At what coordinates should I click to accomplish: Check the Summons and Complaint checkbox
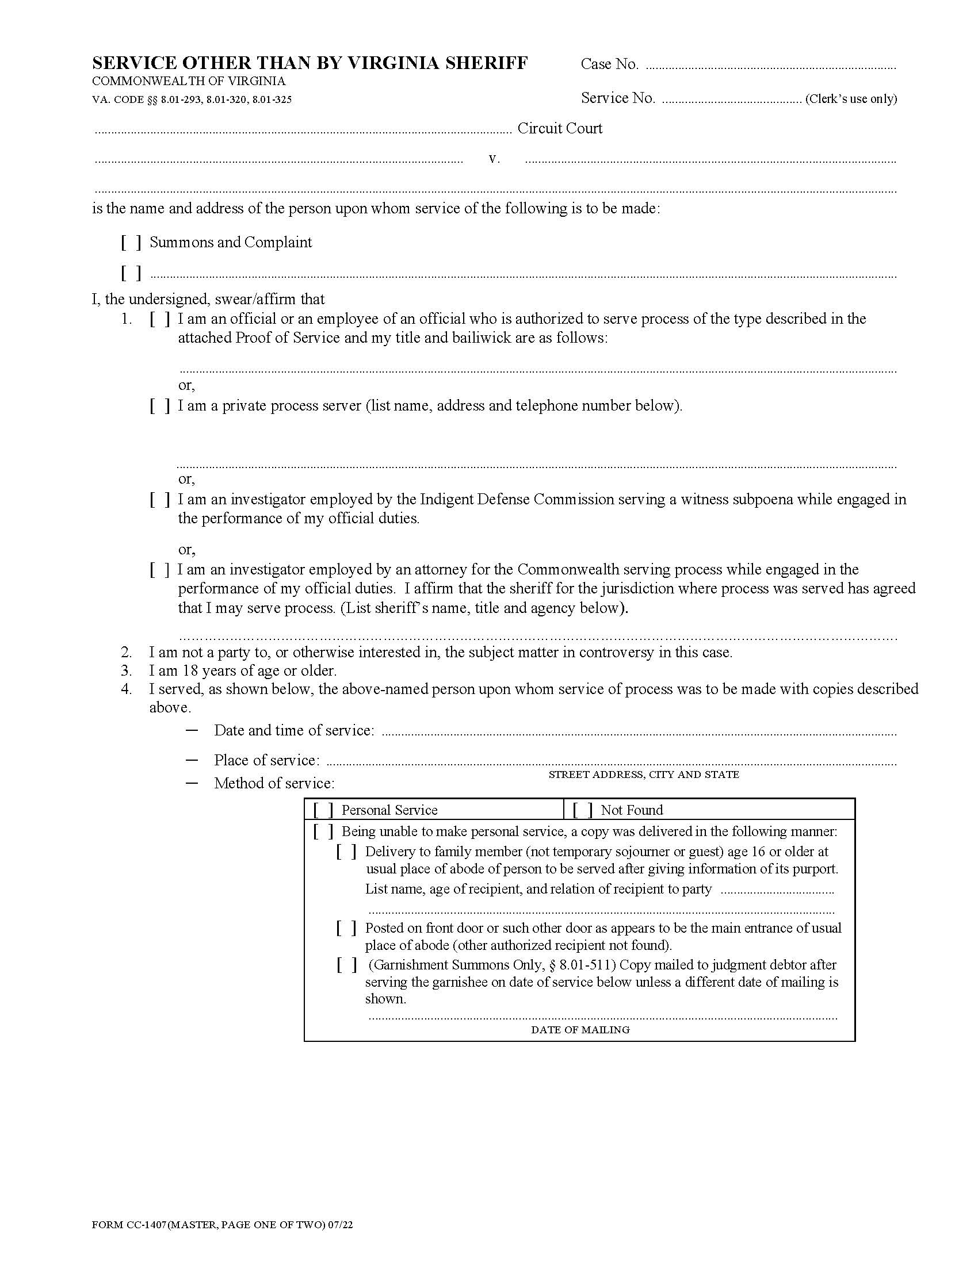pos(131,243)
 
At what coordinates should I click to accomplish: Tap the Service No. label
pos(618,98)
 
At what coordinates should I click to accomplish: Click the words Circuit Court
pos(560,128)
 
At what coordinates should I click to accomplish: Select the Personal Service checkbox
pos(323,810)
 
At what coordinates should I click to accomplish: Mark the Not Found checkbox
pos(582,810)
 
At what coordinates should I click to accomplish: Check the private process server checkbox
pos(160,406)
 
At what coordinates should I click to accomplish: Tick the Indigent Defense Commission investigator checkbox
pos(160,499)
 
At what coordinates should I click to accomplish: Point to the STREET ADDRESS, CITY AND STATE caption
pos(643,775)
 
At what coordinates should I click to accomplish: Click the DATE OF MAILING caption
pos(580,1030)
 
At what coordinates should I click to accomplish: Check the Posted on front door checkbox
pos(346,928)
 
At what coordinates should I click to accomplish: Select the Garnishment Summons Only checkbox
pos(346,965)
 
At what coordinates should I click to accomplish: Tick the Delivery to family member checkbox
pos(346,852)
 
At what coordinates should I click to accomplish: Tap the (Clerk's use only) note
pos(850,99)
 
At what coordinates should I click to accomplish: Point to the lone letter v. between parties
pos(494,158)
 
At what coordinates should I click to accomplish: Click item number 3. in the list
pos(127,670)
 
